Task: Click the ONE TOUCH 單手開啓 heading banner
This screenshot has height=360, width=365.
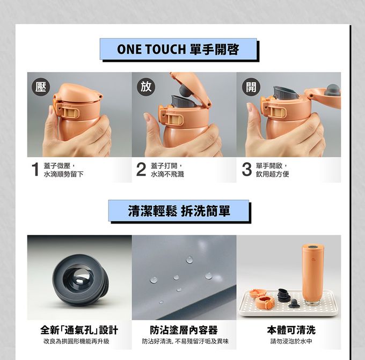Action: coord(178,49)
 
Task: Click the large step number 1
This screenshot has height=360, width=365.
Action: coord(35,170)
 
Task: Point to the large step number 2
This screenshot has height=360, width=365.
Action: coord(140,170)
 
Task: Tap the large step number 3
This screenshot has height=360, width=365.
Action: coord(246,170)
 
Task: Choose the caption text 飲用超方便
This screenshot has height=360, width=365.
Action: coord(272,175)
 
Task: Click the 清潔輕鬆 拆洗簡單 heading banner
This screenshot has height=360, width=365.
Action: coord(179,211)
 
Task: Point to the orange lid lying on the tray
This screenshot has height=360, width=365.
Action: coord(262,300)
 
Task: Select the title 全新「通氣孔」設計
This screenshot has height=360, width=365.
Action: coord(79,329)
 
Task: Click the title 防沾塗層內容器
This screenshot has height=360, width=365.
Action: coord(184,329)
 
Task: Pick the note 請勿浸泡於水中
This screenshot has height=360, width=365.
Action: coord(291,342)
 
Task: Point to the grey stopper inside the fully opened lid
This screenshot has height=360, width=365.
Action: coord(332,89)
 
